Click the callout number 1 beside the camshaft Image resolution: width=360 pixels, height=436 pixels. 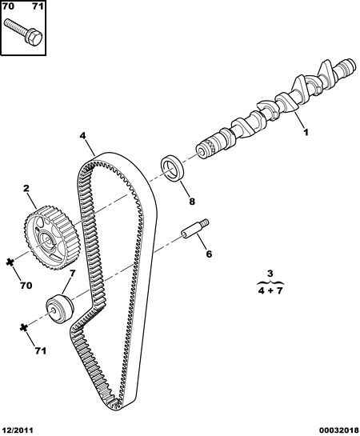pos(306,132)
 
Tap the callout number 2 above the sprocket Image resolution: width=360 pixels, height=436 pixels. pos(26,189)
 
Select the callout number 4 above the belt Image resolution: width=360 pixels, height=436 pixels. pos(82,136)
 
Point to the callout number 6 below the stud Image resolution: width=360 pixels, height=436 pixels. pos(209,254)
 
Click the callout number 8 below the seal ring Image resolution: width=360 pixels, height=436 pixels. pos(192,201)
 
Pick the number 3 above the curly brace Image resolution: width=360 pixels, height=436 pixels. pos(270,274)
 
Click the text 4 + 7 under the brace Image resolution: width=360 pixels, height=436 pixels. pos(270,291)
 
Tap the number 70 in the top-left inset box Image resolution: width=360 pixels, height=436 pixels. pos(8,6)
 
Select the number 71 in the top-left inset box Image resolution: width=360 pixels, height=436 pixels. pos(38,6)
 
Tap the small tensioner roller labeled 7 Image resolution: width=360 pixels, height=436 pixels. pos(60,308)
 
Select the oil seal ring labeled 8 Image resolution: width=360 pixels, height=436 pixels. pos(172,169)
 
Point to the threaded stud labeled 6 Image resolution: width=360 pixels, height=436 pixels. pos(195,228)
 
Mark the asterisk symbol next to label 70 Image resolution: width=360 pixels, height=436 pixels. pos(10,262)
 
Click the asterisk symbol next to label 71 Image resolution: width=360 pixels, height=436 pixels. pos(24,327)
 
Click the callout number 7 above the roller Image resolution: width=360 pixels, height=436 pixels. pos(72,274)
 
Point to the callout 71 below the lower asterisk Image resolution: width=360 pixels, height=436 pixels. pos(41,351)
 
